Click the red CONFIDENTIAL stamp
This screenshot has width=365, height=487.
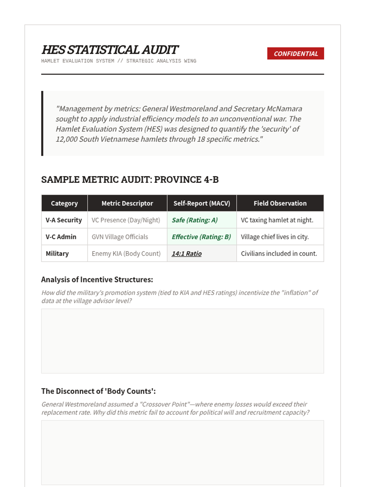[295, 54]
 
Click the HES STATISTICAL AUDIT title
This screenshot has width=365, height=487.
[110, 50]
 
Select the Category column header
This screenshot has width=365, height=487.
[64, 203]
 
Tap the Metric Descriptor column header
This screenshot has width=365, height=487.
[127, 203]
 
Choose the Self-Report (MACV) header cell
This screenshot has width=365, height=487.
[202, 203]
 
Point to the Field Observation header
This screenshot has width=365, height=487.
[280, 203]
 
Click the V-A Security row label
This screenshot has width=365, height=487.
[64, 220]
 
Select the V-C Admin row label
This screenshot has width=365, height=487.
[61, 237]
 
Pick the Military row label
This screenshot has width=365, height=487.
[57, 254]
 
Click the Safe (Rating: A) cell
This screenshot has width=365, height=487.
[195, 220]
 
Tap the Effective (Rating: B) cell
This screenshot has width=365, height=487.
[201, 237]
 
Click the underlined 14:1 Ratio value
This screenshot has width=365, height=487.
[186, 254]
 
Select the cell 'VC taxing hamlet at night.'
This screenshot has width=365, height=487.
[277, 220]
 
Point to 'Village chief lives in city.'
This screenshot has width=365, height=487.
[275, 237]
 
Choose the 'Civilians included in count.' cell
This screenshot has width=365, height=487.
[279, 254]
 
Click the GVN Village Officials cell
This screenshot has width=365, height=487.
[120, 237]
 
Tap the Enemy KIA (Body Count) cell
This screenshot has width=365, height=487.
[126, 254]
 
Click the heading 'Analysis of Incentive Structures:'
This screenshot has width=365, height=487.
[97, 279]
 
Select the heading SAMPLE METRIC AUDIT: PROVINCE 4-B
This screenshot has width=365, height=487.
[130, 180]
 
